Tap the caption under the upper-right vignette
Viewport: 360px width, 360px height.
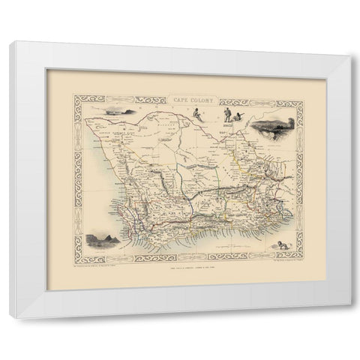tap(267, 144)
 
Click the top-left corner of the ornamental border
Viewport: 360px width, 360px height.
tap(75, 93)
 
